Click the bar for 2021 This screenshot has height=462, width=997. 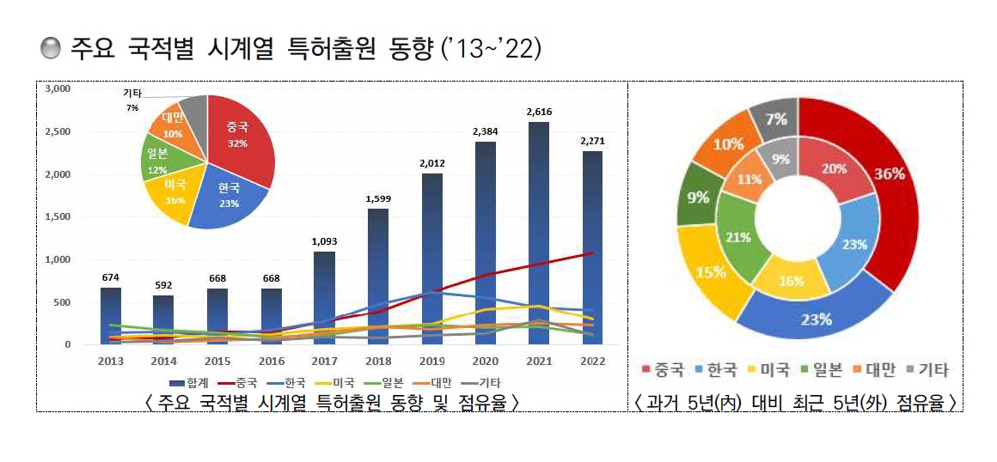(540, 232)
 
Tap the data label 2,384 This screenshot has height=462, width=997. (486, 131)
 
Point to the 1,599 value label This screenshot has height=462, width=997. (378, 198)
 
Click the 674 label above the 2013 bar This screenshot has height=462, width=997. (111, 277)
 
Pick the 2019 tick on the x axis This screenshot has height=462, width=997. (433, 361)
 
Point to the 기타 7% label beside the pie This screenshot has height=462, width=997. (132, 100)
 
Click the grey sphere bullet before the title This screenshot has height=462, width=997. (51, 49)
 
